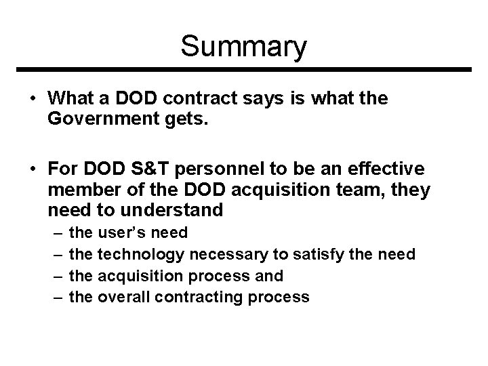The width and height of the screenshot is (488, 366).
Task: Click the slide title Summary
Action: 244,47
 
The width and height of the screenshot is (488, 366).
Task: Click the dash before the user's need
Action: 56,234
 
